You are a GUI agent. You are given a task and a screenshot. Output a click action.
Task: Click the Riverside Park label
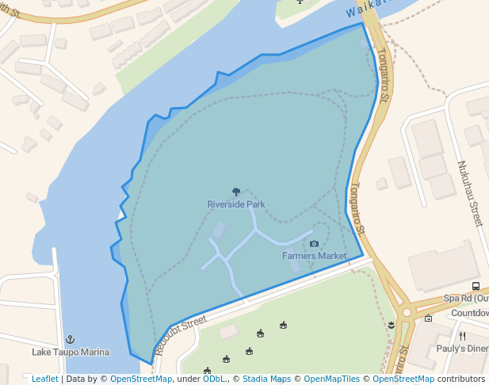click(236, 204)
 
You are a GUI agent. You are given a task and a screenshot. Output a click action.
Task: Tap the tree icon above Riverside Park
click(236, 192)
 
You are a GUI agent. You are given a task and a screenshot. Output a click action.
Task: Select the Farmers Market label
click(315, 256)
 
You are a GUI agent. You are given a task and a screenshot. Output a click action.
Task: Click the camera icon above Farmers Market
click(315, 243)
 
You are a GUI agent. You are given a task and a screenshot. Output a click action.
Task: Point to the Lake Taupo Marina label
click(71, 352)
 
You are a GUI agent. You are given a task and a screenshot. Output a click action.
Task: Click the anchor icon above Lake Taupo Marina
click(70, 339)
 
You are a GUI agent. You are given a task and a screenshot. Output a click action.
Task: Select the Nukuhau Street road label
click(470, 193)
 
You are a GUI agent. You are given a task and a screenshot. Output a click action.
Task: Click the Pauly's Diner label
click(464, 349)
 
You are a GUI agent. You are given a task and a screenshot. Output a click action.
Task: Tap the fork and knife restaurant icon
click(462, 336)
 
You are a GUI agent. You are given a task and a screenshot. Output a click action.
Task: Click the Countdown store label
click(470, 313)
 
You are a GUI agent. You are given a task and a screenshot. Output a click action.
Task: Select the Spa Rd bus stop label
click(466, 299)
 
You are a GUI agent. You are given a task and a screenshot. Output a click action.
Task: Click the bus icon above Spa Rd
click(476, 286)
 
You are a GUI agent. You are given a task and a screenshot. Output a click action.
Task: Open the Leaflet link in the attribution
click(44, 379)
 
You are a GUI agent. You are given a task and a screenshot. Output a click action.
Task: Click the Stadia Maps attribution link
click(266, 379)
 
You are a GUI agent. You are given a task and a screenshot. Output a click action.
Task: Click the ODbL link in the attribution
click(214, 379)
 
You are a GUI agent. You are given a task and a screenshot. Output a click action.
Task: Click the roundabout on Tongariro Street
click(407, 312)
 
